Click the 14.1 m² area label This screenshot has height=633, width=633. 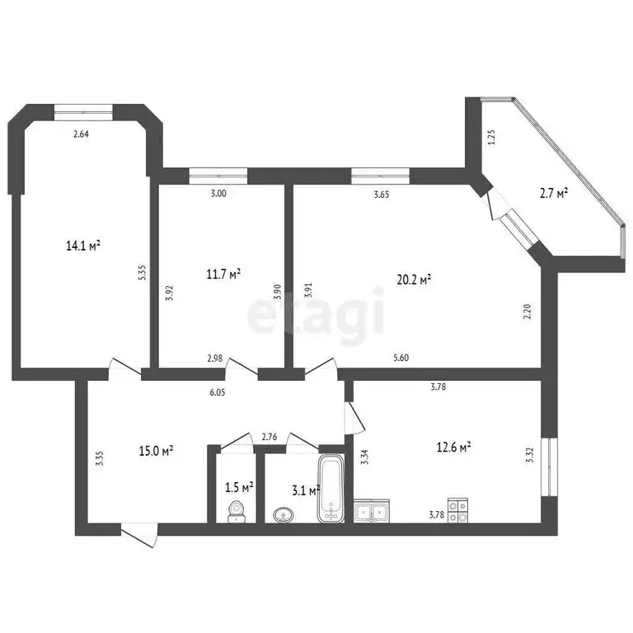pyautogui.click(x=82, y=245)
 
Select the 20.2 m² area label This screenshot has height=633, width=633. pyautogui.click(x=415, y=279)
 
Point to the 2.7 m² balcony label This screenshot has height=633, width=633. pyautogui.click(x=553, y=194)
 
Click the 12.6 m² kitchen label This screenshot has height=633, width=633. pyautogui.click(x=453, y=448)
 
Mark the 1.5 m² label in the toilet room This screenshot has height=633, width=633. pyautogui.click(x=239, y=487)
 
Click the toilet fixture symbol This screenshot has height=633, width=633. pyautogui.click(x=237, y=511)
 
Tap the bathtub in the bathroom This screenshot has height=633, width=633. pyautogui.click(x=331, y=490)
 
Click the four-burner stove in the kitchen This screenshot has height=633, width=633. pyautogui.click(x=457, y=510)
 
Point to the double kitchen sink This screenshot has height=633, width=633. pyautogui.click(x=371, y=512)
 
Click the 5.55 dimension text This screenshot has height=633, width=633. pyautogui.click(x=143, y=274)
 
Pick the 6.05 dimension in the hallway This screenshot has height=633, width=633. pyautogui.click(x=218, y=393)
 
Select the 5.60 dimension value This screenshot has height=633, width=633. pyautogui.click(x=401, y=358)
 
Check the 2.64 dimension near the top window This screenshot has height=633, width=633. pyautogui.click(x=81, y=134)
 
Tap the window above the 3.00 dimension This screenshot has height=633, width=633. pyautogui.click(x=218, y=175)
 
